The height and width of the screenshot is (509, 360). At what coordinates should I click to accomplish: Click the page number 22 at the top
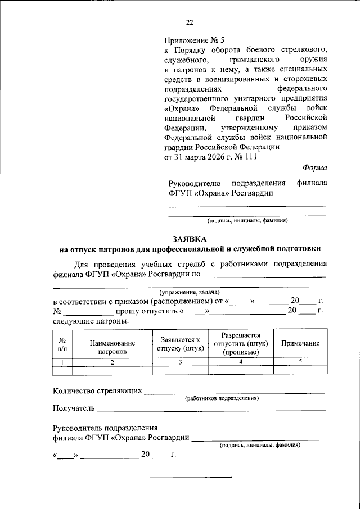[189, 22]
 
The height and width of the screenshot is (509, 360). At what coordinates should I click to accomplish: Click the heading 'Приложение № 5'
[193, 40]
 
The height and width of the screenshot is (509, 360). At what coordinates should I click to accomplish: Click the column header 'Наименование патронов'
[112, 347]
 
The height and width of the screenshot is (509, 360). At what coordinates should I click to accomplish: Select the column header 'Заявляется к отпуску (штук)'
[180, 343]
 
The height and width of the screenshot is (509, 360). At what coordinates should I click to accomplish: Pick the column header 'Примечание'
[300, 343]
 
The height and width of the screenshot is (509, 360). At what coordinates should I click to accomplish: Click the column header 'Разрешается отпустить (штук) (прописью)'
[240, 343]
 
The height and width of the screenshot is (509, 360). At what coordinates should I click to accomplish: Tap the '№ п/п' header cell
[63, 344]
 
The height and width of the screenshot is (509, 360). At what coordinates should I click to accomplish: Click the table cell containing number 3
[180, 362]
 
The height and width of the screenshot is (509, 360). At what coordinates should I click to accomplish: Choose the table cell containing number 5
[300, 362]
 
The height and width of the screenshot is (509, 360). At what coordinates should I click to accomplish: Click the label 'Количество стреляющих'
[97, 391]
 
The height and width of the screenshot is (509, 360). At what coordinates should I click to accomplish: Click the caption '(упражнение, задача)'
[189, 292]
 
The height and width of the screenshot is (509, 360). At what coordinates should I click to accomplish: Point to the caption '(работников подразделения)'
[222, 398]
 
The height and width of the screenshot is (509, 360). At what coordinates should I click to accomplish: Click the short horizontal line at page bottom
[189, 478]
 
